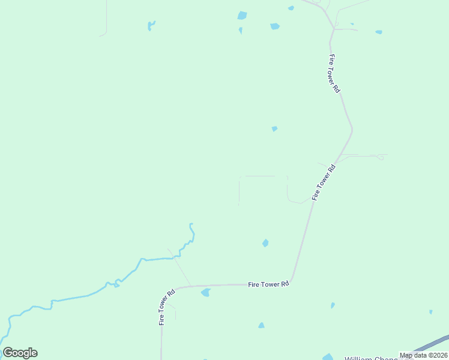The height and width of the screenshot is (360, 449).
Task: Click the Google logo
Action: pyautogui.click(x=20, y=353)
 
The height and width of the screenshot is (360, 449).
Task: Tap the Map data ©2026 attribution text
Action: pyautogui.click(x=423, y=355)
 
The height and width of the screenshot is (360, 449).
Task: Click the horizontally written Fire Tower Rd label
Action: pyautogui.click(x=269, y=284)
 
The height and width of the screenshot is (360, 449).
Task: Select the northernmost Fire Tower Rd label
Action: pyautogui.click(x=334, y=73)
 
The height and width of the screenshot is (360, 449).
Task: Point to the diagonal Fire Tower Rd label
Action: pyautogui.click(x=323, y=182)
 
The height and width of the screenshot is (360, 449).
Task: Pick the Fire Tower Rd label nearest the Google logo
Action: pyautogui.click(x=166, y=307)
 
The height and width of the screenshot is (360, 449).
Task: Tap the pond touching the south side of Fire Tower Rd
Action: pyautogui.click(x=206, y=293)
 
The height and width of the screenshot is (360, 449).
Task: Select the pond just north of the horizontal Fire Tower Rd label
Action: pyautogui.click(x=265, y=243)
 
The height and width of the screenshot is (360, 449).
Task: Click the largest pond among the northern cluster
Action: pyautogui.click(x=242, y=16)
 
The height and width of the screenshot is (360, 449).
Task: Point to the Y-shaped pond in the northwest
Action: pyautogui.click(x=151, y=25)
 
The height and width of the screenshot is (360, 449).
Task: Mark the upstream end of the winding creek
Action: pyautogui.click(x=191, y=225)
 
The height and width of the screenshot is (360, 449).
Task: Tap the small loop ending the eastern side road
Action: pyautogui.click(x=380, y=158)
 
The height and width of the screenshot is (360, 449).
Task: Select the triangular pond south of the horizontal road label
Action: pyautogui.click(x=261, y=325)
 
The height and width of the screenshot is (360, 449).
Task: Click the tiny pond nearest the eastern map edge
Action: pyautogui.click(x=430, y=312)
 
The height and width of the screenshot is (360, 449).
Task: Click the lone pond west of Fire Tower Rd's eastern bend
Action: pyautogui.click(x=274, y=128)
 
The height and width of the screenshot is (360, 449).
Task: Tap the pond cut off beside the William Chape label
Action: pyautogui.click(x=327, y=357)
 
